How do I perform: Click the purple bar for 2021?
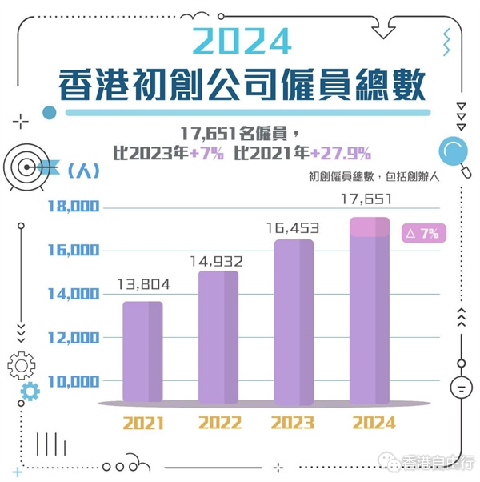[x=143, y=352]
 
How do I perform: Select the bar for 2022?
[x=218, y=337]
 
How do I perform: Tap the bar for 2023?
[x=294, y=321]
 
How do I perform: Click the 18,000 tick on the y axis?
[x=73, y=207]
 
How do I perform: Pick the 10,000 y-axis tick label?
[x=73, y=381]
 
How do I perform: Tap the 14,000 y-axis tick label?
[x=73, y=295]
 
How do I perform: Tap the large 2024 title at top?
[x=241, y=40]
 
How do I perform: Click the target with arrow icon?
[x=29, y=166]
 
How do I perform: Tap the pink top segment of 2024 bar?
[x=370, y=227]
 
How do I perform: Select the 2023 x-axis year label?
[x=294, y=423]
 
